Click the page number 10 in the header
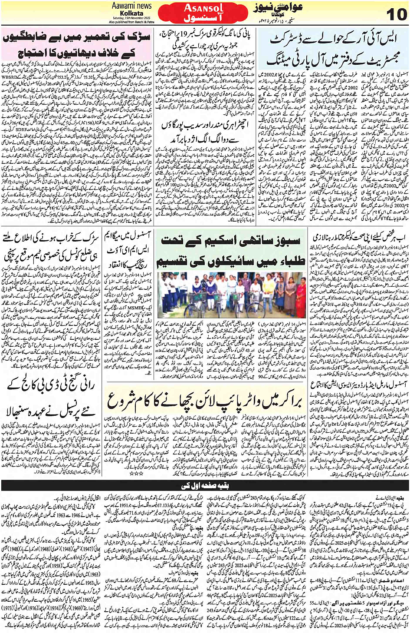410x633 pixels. [x=396, y=14]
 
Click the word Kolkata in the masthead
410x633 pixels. [x=131, y=13]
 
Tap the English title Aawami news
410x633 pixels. [x=131, y=6]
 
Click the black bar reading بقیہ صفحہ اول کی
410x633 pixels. [x=205, y=485]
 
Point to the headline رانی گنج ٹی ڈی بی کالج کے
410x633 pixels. [x=51, y=397]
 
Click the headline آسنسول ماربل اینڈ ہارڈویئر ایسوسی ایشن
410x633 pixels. [x=358, y=384]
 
